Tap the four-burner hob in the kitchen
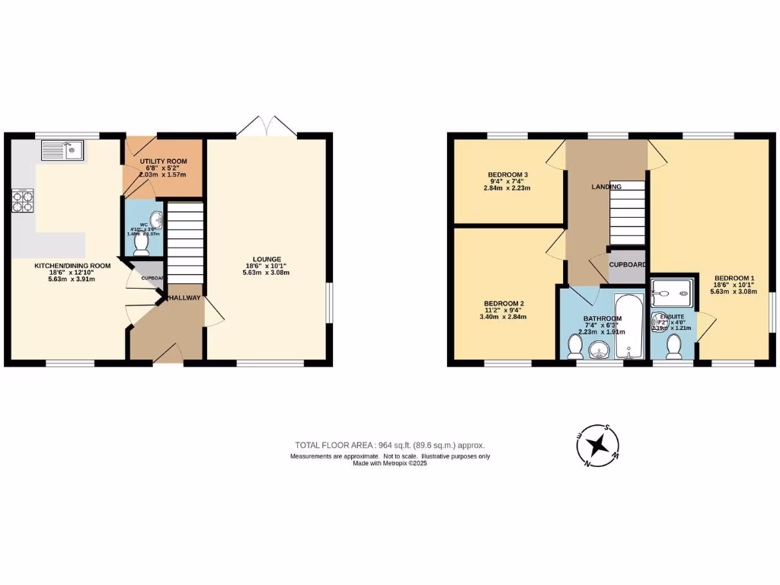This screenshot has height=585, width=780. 23,201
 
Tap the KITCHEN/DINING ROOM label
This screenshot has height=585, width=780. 72,266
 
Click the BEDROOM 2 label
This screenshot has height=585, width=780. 504,303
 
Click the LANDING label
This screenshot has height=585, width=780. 606,187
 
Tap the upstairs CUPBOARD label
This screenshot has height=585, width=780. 628,264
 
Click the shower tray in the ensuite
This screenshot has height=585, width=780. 673,288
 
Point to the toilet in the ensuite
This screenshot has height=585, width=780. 673,347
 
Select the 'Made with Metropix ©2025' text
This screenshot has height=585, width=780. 389,464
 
